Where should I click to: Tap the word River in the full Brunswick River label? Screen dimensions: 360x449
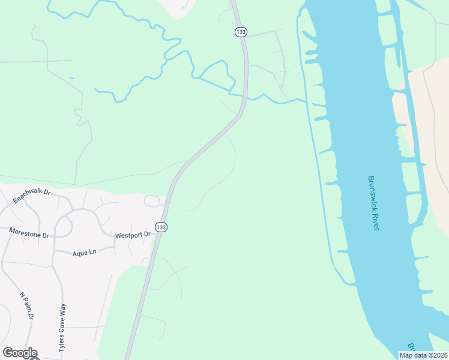click(376, 220)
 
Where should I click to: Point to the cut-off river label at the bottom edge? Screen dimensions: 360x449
click(412, 347)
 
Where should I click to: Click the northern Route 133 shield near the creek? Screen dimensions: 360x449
click(241, 32)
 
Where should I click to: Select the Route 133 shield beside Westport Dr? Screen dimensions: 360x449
click(160, 227)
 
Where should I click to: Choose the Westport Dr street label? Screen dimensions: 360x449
click(133, 235)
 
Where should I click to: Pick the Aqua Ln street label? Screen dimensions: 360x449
click(84, 253)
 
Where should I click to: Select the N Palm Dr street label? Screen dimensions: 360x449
click(27, 306)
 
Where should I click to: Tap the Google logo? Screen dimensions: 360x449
click(20, 353)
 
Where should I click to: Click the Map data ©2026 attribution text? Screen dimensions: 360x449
click(423, 355)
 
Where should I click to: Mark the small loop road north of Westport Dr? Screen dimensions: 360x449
click(151, 200)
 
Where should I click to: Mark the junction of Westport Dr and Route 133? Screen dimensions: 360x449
click(158, 236)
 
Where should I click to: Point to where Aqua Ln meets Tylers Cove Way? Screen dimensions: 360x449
click(54, 253)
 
